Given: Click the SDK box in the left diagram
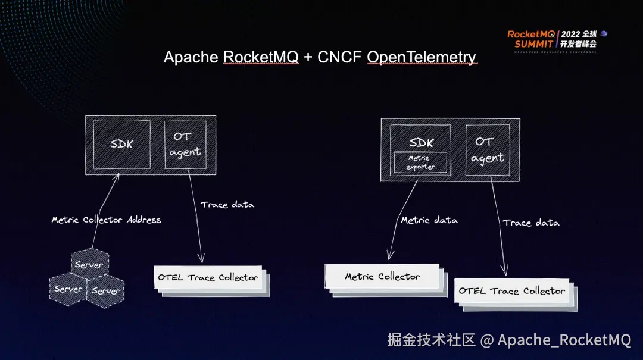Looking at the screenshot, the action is (122, 145).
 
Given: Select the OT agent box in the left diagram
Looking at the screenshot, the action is (185, 145).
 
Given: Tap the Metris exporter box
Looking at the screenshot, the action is (420, 162).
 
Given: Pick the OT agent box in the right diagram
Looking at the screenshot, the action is (488, 150).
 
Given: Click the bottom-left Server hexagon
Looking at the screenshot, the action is (68, 289).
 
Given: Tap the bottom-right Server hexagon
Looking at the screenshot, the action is (105, 291).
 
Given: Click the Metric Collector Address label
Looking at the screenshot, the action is (106, 220).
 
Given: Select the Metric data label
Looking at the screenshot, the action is (429, 220).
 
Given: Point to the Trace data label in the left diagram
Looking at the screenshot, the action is (227, 204).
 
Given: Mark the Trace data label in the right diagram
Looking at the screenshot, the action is (531, 223).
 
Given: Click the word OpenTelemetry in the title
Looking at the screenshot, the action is (422, 57).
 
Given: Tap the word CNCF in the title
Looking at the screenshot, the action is (339, 57).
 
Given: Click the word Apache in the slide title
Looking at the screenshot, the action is (191, 57).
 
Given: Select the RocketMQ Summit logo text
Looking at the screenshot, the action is (531, 39).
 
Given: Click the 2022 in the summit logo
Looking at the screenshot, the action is (570, 35).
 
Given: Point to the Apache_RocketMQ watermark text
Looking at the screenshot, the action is (564, 340).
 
